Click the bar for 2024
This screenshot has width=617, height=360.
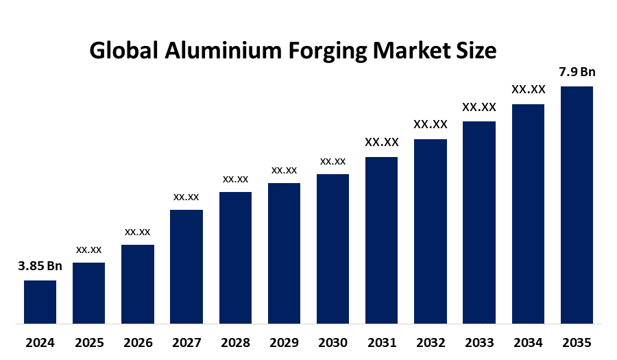coord(40,302)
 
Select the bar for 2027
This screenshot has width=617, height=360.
coord(186,266)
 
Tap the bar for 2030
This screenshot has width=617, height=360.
coord(332,248)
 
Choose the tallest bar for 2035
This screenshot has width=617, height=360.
coord(577,204)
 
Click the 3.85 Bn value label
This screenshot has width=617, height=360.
coord(40,267)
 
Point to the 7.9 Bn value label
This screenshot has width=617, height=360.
coord(577,72)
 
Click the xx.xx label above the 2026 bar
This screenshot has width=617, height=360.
coord(137,232)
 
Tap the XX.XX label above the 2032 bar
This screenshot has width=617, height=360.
coord(430,125)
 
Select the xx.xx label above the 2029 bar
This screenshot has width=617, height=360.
coord(284,170)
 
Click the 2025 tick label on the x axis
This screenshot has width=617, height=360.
coord(88,342)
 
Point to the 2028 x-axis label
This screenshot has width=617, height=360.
coord(235,342)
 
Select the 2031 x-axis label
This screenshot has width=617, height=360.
coord(381,342)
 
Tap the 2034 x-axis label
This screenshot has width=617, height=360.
coord(528,342)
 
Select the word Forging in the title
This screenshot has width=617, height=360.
coord(329,52)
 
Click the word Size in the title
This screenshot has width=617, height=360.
coord(476,51)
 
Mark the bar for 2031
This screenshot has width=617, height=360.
coord(381,240)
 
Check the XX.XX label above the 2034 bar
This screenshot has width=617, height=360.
coord(528,90)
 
